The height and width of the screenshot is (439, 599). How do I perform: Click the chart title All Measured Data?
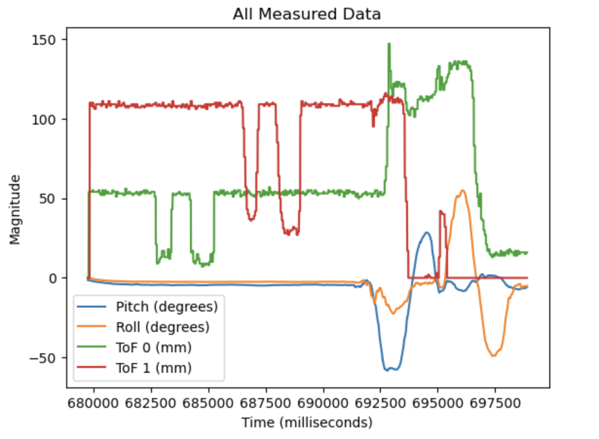click(x=306, y=15)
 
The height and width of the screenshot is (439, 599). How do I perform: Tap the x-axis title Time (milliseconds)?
click(x=307, y=422)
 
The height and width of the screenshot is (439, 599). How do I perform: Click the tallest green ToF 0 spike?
click(x=389, y=44)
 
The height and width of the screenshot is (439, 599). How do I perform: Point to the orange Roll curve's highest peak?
click(x=463, y=191)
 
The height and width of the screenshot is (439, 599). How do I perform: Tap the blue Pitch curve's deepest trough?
click(x=388, y=370)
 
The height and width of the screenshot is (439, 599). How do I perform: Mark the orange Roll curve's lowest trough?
click(x=494, y=355)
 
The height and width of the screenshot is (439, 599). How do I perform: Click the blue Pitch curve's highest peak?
click(x=427, y=233)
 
